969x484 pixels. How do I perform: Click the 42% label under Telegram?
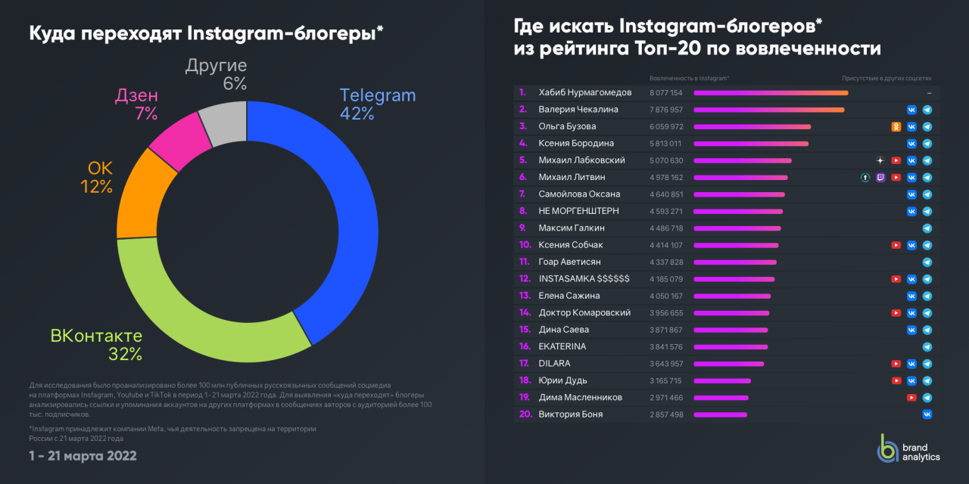357,113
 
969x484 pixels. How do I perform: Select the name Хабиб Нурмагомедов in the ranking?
584,93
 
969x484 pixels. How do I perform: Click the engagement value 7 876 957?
666,110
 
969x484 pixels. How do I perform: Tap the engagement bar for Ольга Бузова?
752,127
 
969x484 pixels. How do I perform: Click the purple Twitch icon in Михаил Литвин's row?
880,178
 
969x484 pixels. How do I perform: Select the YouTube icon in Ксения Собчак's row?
896,245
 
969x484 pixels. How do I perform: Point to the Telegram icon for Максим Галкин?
927,228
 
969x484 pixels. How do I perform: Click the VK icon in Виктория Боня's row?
927,414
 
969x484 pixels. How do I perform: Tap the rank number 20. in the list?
525,414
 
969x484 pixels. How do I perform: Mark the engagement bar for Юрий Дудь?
722,380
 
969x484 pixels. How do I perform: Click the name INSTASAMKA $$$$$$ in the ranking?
584,279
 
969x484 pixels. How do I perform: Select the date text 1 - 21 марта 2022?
83,455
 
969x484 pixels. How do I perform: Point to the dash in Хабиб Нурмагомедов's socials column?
928,93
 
